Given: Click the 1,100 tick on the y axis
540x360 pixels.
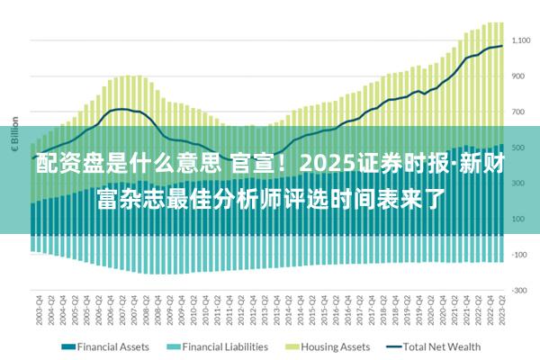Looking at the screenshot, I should [522, 40].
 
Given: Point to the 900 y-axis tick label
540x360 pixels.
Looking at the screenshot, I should [522, 76].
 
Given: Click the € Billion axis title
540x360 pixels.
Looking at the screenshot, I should [14, 132].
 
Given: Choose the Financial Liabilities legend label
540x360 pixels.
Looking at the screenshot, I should [225, 346].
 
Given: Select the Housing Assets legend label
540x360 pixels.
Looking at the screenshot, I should [335, 346].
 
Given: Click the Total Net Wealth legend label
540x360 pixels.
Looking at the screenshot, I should [441, 346].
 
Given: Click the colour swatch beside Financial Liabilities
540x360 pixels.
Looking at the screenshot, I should [173, 346].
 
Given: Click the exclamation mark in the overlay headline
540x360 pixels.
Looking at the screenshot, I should [283, 165].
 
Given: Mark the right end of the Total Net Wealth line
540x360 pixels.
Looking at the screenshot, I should [501, 46].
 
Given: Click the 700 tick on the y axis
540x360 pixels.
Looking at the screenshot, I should [522, 112].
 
